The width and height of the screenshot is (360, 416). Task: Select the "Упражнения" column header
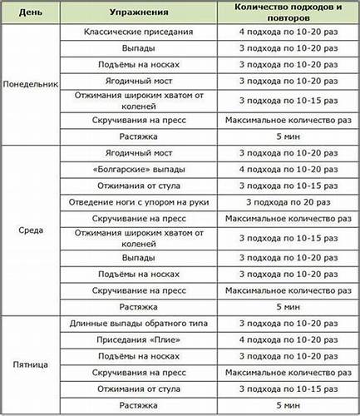[x=140, y=13]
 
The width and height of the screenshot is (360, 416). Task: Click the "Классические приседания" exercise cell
[x=140, y=32]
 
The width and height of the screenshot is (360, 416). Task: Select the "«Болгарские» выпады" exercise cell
[x=140, y=170]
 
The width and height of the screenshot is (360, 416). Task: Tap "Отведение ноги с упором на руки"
[x=140, y=202]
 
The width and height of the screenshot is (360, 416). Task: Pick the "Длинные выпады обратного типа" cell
[x=140, y=323]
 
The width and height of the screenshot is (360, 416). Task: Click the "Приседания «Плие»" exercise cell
[x=140, y=339]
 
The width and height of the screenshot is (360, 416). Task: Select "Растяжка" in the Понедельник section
[x=140, y=136]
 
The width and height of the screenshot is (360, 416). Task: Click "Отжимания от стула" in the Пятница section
[x=140, y=388]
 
